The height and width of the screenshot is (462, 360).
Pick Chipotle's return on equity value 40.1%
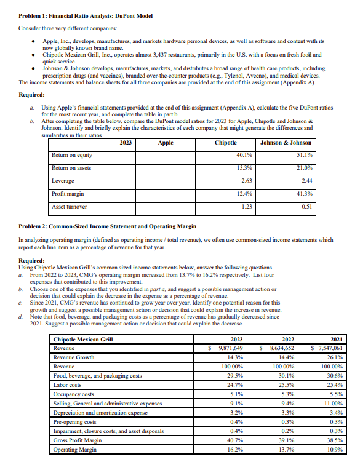[245, 155]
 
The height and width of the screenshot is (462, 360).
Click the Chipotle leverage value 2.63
[247, 181]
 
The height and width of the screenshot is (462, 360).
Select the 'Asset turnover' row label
[68, 207]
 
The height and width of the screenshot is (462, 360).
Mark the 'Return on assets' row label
[72, 168]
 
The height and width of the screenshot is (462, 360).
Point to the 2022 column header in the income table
[287, 339]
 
